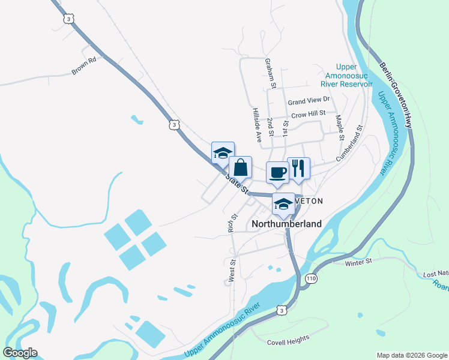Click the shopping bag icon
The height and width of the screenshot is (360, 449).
click(x=240, y=168)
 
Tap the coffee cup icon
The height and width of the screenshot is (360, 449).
click(x=277, y=173)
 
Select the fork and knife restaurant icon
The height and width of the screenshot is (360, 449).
click(x=298, y=168)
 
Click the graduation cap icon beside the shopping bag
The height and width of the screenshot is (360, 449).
click(x=223, y=152)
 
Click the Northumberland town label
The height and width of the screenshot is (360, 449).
click(x=286, y=224)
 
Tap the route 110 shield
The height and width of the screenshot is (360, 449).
click(x=310, y=279)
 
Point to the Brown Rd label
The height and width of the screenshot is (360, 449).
click(x=84, y=65)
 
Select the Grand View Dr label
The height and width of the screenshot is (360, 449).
click(x=309, y=100)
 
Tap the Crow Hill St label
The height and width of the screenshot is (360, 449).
click(x=308, y=113)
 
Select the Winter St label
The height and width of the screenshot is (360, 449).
click(x=359, y=262)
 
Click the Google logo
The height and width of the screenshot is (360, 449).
click(x=20, y=353)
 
